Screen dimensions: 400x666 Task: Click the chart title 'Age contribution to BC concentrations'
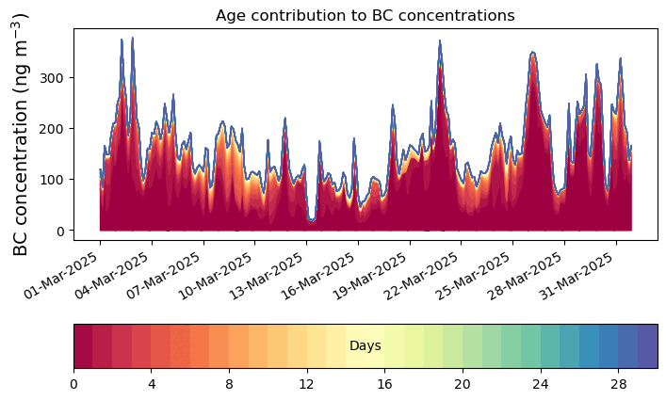(365, 15)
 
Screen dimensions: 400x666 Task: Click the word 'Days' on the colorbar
(365, 346)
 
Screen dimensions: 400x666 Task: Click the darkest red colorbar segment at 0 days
(83, 346)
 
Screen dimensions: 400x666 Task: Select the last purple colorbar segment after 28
(647, 346)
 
